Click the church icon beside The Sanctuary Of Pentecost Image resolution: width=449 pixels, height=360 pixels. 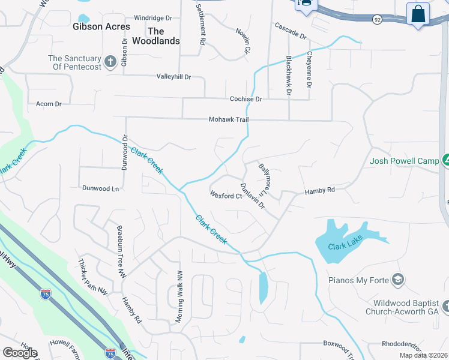[x=110, y=61]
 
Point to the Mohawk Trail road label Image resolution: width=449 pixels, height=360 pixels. [x=228, y=120]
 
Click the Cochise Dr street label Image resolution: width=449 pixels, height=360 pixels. [x=246, y=99]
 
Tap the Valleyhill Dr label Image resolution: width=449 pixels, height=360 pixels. [x=173, y=77]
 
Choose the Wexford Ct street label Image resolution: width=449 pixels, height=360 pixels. [x=226, y=196]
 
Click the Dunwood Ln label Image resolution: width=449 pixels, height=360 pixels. [x=100, y=188]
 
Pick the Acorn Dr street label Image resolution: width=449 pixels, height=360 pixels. [x=49, y=104]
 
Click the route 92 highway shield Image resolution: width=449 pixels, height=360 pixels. [x=376, y=19]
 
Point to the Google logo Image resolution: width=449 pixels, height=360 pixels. [x=20, y=353]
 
